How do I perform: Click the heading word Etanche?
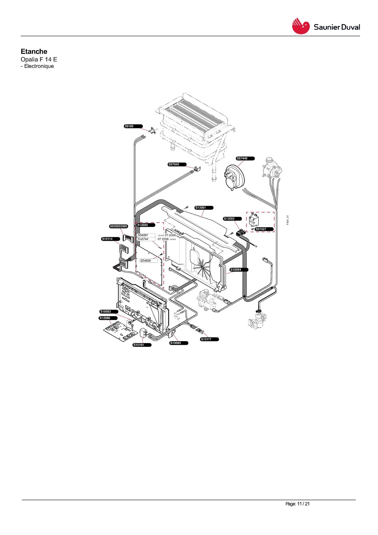(x=34, y=51)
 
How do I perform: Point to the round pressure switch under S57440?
(x=234, y=177)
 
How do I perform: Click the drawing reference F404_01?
(x=288, y=220)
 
